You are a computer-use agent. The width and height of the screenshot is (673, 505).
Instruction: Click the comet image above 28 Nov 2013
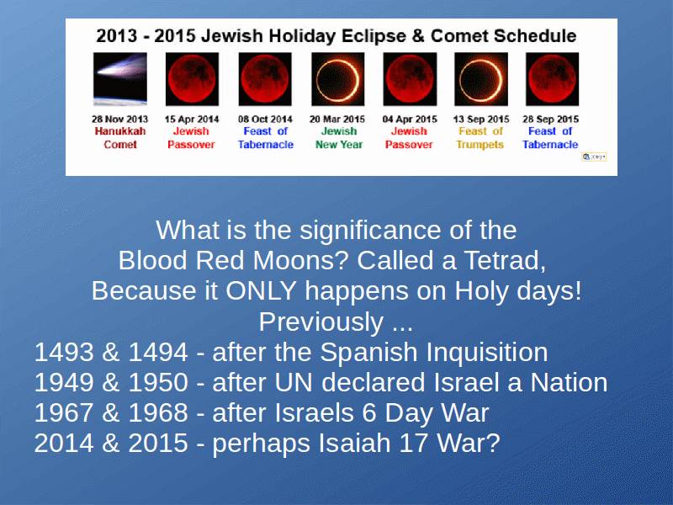coord(120,79)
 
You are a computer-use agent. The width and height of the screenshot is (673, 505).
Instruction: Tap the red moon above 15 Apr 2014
coord(192,79)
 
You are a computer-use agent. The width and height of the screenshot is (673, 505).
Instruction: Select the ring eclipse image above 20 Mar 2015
coord(338,79)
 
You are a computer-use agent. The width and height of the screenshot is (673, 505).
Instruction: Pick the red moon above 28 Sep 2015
coord(552,79)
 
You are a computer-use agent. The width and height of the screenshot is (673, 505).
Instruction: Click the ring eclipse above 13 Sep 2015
coord(481,79)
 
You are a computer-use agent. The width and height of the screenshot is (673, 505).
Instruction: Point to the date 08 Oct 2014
coord(265,119)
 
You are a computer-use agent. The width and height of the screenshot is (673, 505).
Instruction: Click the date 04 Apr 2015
coord(410,119)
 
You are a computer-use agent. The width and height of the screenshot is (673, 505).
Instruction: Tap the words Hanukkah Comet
coord(120,138)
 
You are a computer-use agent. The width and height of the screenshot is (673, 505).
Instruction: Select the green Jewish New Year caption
coord(339,138)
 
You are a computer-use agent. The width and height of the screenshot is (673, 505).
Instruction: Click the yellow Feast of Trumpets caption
coord(480,138)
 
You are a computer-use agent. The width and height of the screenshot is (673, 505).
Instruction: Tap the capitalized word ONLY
coord(261,290)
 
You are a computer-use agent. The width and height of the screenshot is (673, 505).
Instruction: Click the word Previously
coord(321,322)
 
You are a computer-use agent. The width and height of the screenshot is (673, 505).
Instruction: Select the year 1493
coord(64,352)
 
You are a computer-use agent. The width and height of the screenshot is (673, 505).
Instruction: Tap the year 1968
coord(158,412)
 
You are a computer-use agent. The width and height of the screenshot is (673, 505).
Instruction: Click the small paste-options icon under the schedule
coord(594,157)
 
